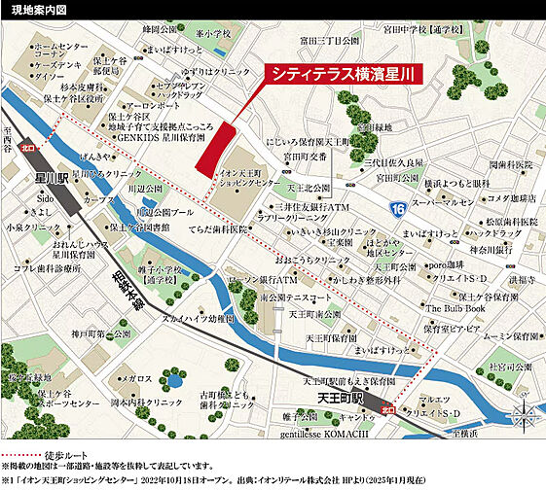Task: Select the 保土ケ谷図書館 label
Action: coord(138,227)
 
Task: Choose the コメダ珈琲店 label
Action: coord(508,198)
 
